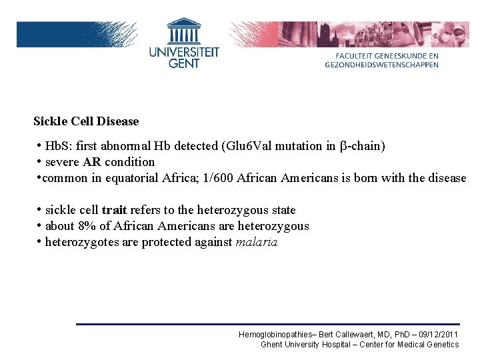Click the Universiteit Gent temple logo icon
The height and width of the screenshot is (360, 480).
(184, 31)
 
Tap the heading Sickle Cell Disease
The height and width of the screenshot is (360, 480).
(86, 121)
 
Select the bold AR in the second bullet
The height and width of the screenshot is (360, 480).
(92, 162)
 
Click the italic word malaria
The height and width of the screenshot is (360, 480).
(257, 242)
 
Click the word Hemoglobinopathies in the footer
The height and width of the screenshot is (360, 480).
(276, 334)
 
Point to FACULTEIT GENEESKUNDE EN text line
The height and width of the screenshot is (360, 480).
(382, 57)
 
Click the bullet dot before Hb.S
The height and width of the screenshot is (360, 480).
(40, 145)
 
